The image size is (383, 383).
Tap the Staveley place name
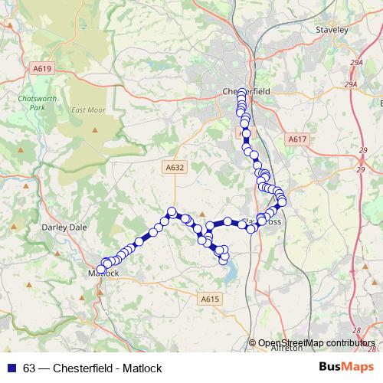click(332, 30)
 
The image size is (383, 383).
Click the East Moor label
click(87, 110)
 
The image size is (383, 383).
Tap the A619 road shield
click(42, 69)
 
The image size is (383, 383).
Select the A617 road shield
click(297, 139)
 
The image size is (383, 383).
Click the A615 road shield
click(211, 299)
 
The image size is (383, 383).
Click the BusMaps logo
click(344, 368)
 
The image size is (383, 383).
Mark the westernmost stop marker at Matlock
click(100, 270)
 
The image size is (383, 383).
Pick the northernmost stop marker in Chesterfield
click(242, 93)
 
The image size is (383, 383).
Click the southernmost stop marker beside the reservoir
click(224, 260)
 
